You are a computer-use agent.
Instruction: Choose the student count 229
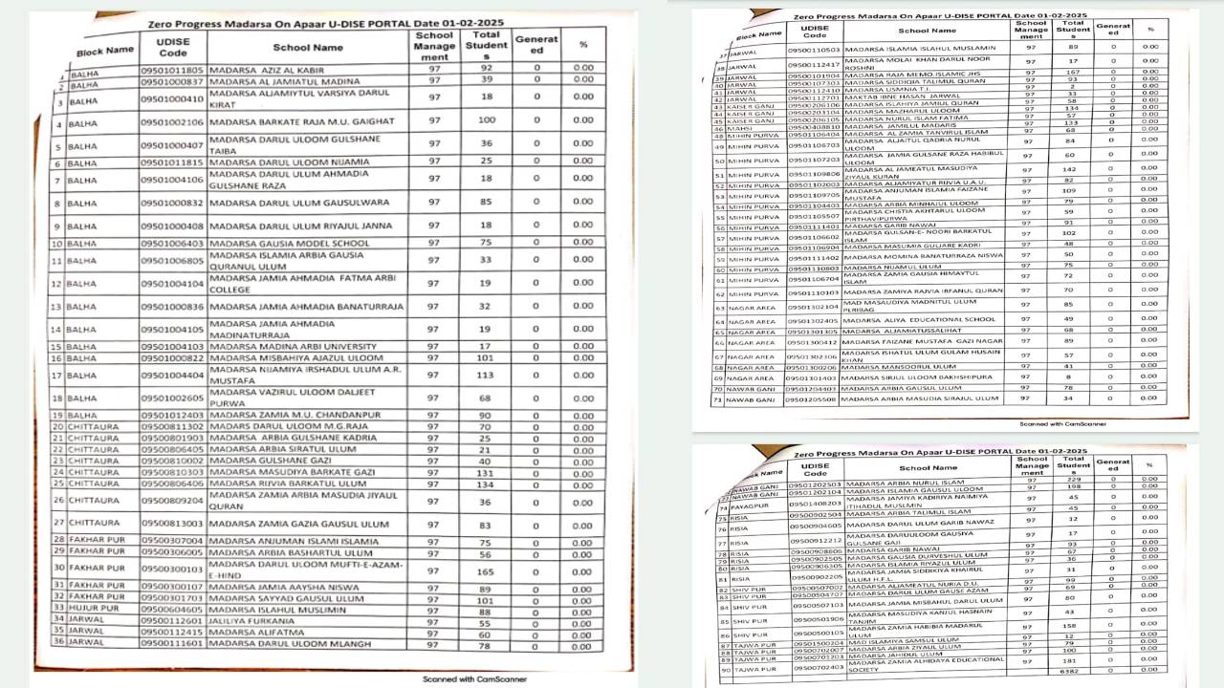click(x=1073, y=481)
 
